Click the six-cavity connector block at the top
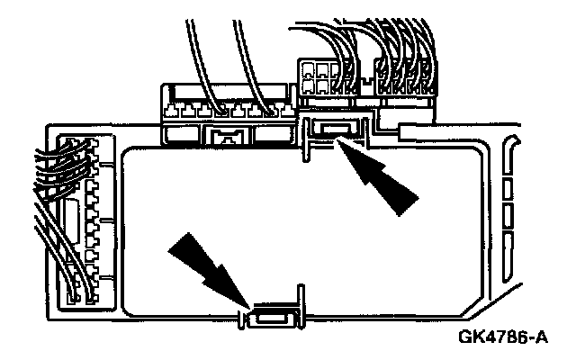tap(320, 77)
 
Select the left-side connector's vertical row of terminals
tap(91, 216)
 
